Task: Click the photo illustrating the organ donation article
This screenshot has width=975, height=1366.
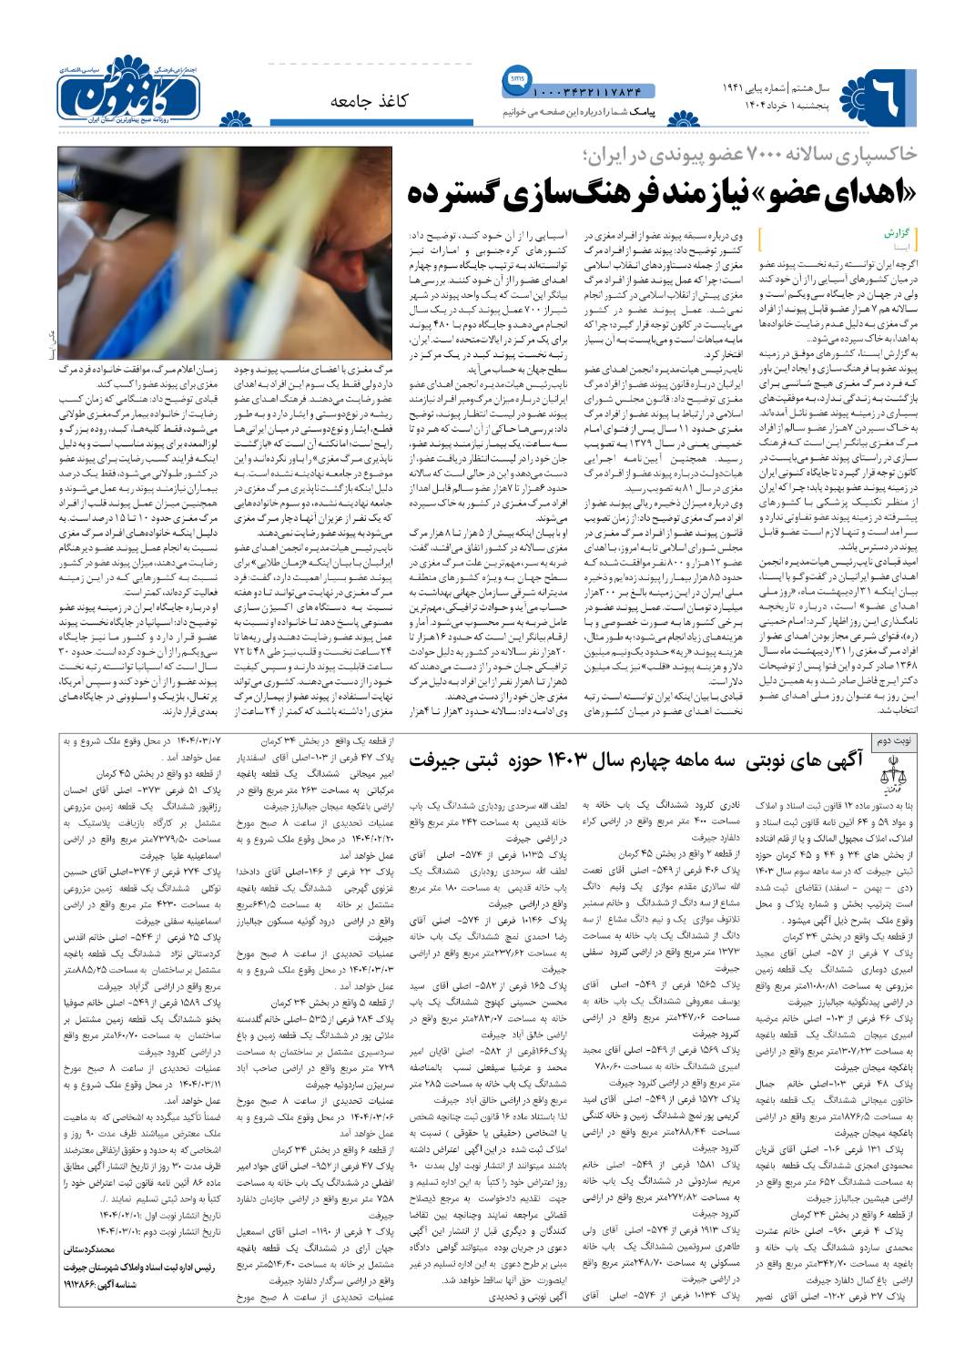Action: (x=225, y=252)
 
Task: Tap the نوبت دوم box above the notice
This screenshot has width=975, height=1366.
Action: (x=895, y=740)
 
